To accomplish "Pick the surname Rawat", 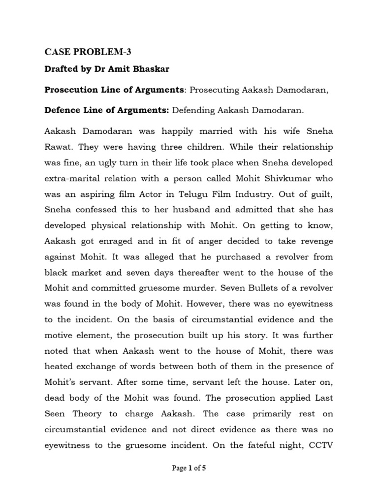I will (x=60, y=147).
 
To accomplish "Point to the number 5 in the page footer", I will (x=204, y=468).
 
